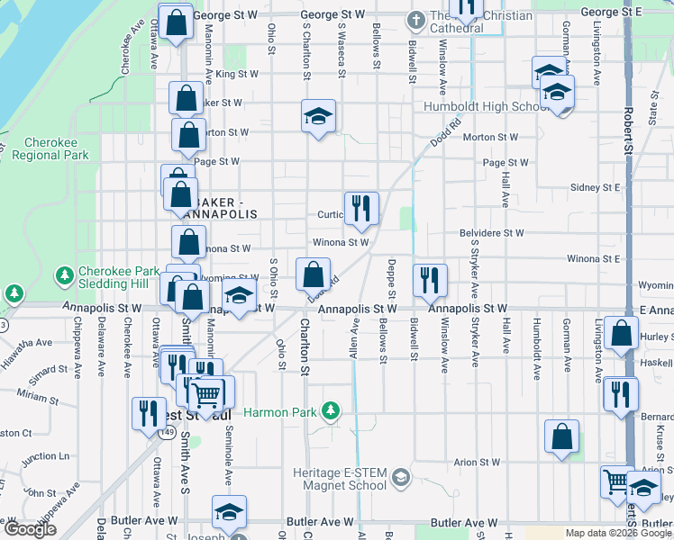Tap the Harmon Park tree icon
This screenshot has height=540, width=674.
pyautogui.click(x=332, y=411)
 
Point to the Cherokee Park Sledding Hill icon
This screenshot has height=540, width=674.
pyautogui.click(x=64, y=274)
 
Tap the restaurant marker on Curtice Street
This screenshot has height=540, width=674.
pyautogui.click(x=361, y=208)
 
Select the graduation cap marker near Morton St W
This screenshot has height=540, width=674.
pyautogui.click(x=318, y=116)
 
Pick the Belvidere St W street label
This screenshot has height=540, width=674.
pyautogui.click(x=491, y=232)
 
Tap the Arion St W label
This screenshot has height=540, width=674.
pyautogui.click(x=477, y=463)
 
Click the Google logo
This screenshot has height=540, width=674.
pyautogui.click(x=30, y=529)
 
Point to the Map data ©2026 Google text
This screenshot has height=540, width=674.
pyautogui.click(x=619, y=533)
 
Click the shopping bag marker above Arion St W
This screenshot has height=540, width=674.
pyautogui.click(x=561, y=436)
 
